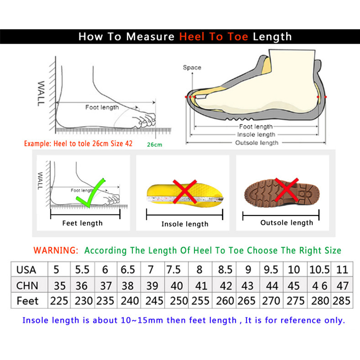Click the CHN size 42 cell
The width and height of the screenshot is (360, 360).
(225, 286)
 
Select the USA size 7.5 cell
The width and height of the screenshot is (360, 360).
(174, 270)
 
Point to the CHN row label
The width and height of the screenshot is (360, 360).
(27, 286)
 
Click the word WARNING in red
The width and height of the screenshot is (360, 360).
(56, 250)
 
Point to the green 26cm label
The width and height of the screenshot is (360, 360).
(154, 144)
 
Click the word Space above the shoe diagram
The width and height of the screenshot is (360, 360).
(192, 67)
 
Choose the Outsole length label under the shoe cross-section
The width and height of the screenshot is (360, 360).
(256, 143)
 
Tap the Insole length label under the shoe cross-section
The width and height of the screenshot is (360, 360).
(256, 135)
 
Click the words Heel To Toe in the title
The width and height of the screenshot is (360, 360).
(214, 37)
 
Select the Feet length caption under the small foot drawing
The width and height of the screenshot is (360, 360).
(82, 223)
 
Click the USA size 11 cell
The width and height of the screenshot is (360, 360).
(342, 270)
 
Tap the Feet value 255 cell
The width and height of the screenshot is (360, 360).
(200, 301)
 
